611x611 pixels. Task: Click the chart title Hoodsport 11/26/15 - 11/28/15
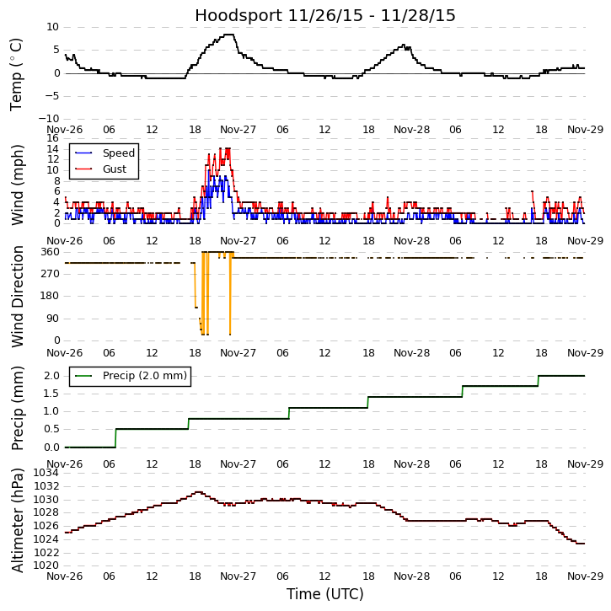(x=325, y=16)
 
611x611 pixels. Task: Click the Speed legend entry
(x=118, y=153)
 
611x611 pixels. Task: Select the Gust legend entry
(x=114, y=169)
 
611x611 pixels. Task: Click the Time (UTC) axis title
(x=324, y=594)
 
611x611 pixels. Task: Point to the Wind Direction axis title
(x=18, y=297)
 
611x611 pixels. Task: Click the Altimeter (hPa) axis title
(x=18, y=520)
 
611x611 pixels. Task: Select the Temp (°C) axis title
(x=18, y=73)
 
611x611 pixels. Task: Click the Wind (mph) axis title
(x=18, y=185)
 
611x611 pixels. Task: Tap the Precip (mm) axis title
(x=18, y=408)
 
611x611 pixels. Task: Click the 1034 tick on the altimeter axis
(x=46, y=473)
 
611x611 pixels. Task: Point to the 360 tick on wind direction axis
(x=50, y=252)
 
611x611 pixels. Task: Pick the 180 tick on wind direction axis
(x=50, y=296)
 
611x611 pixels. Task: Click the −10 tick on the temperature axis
(x=47, y=119)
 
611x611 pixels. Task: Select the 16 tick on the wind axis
(x=52, y=138)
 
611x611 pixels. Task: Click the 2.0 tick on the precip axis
(x=51, y=376)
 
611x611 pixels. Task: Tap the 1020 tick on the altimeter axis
(x=46, y=565)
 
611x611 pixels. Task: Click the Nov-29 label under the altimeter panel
(x=585, y=576)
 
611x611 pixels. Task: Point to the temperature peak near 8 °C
(x=228, y=35)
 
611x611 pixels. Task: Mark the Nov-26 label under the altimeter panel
(x=65, y=576)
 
